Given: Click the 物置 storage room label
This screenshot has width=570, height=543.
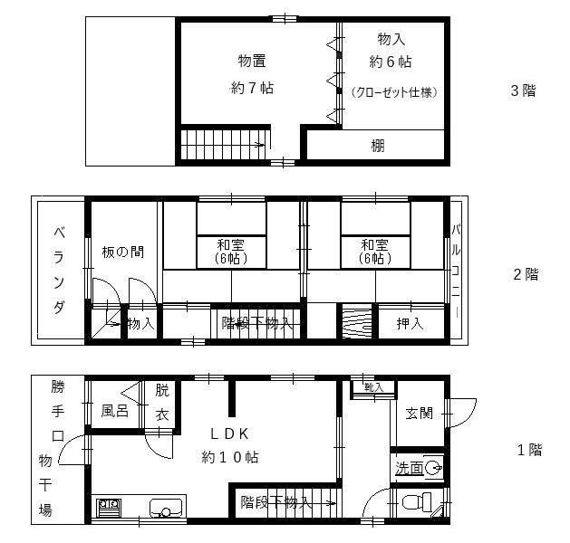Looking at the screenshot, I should point(252,61).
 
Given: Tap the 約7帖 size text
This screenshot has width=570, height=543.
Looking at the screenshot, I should point(252,88).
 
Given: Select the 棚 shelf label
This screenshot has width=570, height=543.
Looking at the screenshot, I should point(378,145).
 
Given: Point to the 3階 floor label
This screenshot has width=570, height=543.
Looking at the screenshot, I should point(523,90).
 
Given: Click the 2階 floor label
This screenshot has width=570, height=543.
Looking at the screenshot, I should point(526,274).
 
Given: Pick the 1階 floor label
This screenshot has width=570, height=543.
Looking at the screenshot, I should point(529,450).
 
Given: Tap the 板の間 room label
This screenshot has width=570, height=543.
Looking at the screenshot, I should point(122,252).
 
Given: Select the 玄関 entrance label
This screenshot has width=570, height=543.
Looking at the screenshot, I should point(418,413).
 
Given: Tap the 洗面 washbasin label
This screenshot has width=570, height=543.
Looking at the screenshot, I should point(409,468).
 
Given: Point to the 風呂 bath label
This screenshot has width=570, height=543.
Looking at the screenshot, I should point(114,411).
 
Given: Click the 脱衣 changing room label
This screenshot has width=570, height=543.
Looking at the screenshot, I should point(161,403).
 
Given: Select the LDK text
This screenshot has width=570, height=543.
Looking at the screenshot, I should point(230,433).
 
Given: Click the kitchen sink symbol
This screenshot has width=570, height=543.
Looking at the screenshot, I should point(163,508).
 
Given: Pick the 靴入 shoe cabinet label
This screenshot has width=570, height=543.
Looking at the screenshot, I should point(373,387).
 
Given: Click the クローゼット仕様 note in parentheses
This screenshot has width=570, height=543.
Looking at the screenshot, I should point(393,92).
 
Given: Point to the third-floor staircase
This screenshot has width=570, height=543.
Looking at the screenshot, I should point(222,144).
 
